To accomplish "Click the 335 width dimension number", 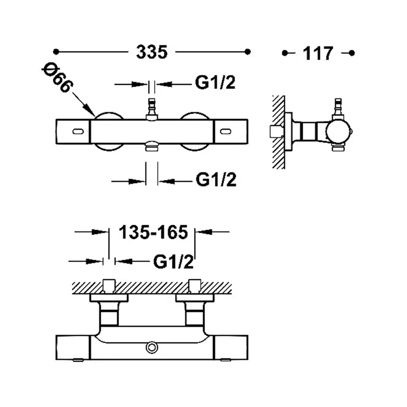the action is (152, 52).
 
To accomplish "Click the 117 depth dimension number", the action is (318, 53).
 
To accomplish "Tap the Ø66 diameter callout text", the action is (57, 77).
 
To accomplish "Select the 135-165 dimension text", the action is (153, 232).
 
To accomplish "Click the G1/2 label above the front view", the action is (215, 82).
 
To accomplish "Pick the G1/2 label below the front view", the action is (216, 180).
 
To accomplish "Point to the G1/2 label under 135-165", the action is (173, 261).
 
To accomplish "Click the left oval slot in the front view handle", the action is (78, 131).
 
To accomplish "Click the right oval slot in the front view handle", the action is (225, 131).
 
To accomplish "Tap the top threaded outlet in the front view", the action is (152, 109).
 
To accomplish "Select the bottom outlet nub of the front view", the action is (152, 146).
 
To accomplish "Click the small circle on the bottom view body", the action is (152, 348).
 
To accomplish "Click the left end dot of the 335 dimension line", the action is (56, 52).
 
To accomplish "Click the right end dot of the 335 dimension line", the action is (248, 52).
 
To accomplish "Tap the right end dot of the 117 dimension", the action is (352, 53).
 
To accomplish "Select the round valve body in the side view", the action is (338, 132).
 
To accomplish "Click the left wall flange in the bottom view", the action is (109, 298).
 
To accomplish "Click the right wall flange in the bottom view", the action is (195, 298).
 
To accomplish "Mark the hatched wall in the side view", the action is (279, 132).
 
